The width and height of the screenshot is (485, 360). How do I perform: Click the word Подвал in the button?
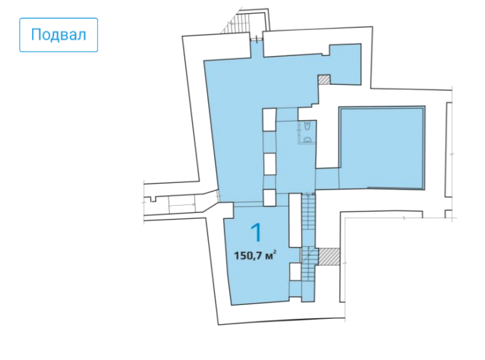pos(59,35)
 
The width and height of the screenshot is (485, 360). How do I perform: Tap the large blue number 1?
pos(257,233)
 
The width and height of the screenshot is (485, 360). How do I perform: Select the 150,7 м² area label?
pos(255,255)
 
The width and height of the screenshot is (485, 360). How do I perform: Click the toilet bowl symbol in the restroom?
pos(307,127)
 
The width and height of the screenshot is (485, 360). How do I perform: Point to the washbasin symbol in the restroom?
pos(307,140)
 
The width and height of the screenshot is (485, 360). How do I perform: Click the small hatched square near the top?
pos(324,80)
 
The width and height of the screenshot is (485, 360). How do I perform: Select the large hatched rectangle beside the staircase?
pos(329,256)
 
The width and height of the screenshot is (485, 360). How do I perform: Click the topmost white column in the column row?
pos(269,120)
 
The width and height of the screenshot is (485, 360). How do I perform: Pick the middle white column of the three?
pos(269,165)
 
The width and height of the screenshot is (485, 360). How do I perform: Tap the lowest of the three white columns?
pos(270,197)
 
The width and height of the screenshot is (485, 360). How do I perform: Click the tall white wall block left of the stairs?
pos(295,220)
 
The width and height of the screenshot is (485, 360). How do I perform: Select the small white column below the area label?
pos(295,272)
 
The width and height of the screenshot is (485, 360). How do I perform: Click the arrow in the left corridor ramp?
pos(182,205)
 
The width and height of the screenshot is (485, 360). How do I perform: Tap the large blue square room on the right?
pos(382,148)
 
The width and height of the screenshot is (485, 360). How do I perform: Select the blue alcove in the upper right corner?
pos(345,64)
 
